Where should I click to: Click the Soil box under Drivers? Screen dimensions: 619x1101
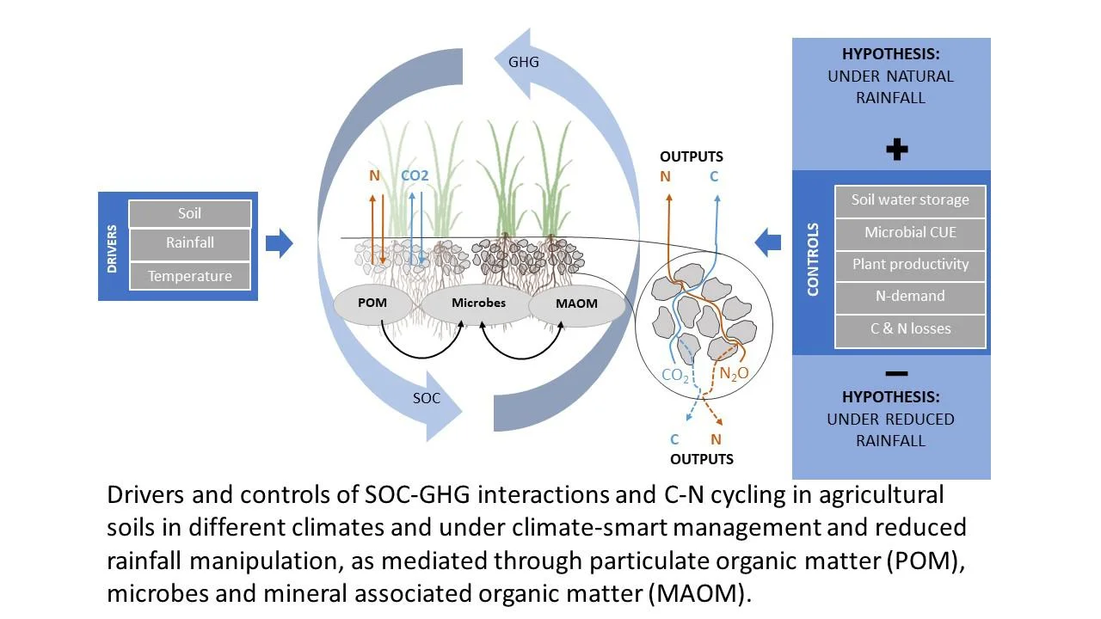tap(189, 213)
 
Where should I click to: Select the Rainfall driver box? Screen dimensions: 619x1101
tap(189, 243)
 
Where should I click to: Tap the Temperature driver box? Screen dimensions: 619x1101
tap(189, 276)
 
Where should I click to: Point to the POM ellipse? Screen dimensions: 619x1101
tap(372, 303)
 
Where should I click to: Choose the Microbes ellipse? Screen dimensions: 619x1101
tap(478, 303)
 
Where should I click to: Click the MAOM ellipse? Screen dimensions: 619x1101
tap(576, 304)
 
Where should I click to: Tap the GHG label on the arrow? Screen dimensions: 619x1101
tap(524, 62)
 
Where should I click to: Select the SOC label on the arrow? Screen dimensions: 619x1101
tap(426, 398)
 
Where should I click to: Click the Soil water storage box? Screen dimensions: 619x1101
tap(910, 200)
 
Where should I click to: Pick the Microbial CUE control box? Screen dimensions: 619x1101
tap(910, 232)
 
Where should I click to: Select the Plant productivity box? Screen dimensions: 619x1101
tap(910, 265)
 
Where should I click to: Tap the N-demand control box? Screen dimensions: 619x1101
tap(910, 297)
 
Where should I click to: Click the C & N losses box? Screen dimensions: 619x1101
tap(910, 329)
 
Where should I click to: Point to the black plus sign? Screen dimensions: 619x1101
tap(896, 150)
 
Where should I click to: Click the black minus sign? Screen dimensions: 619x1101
tap(895, 374)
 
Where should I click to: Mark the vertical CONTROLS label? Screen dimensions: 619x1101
tap(814, 260)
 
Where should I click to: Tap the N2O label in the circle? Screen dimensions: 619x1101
tap(734, 374)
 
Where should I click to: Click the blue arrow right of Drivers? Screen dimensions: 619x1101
tap(279, 243)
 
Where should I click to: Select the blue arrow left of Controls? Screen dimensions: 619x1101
tap(768, 243)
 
